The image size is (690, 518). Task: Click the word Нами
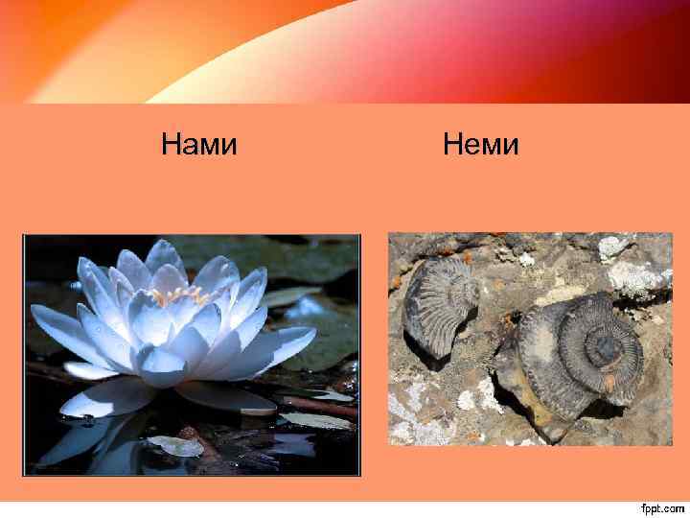pyautogui.click(x=198, y=146)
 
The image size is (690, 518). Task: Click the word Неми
pyautogui.click(x=480, y=146)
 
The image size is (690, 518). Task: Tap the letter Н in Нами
pyautogui.click(x=171, y=146)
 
